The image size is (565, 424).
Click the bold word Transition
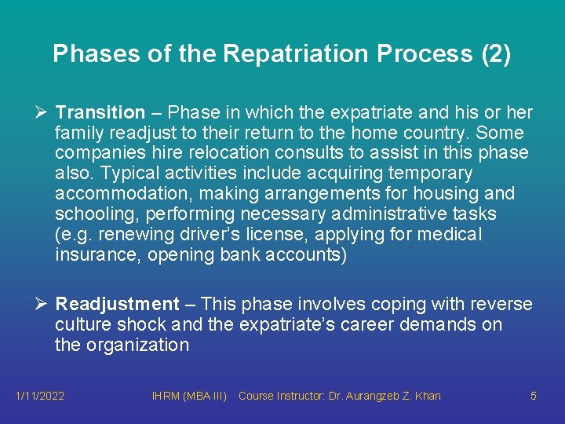[x=100, y=113]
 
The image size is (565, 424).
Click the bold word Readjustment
[x=118, y=305]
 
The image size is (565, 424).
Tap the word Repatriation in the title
[x=297, y=53]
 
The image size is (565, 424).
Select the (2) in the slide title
[x=494, y=53]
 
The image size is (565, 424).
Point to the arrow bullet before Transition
[x=41, y=113]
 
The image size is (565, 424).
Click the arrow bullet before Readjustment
[x=41, y=305]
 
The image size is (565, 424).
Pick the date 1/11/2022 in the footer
[x=40, y=396]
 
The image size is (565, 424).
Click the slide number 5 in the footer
[x=534, y=396]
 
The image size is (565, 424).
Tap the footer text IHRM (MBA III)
[x=188, y=396]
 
